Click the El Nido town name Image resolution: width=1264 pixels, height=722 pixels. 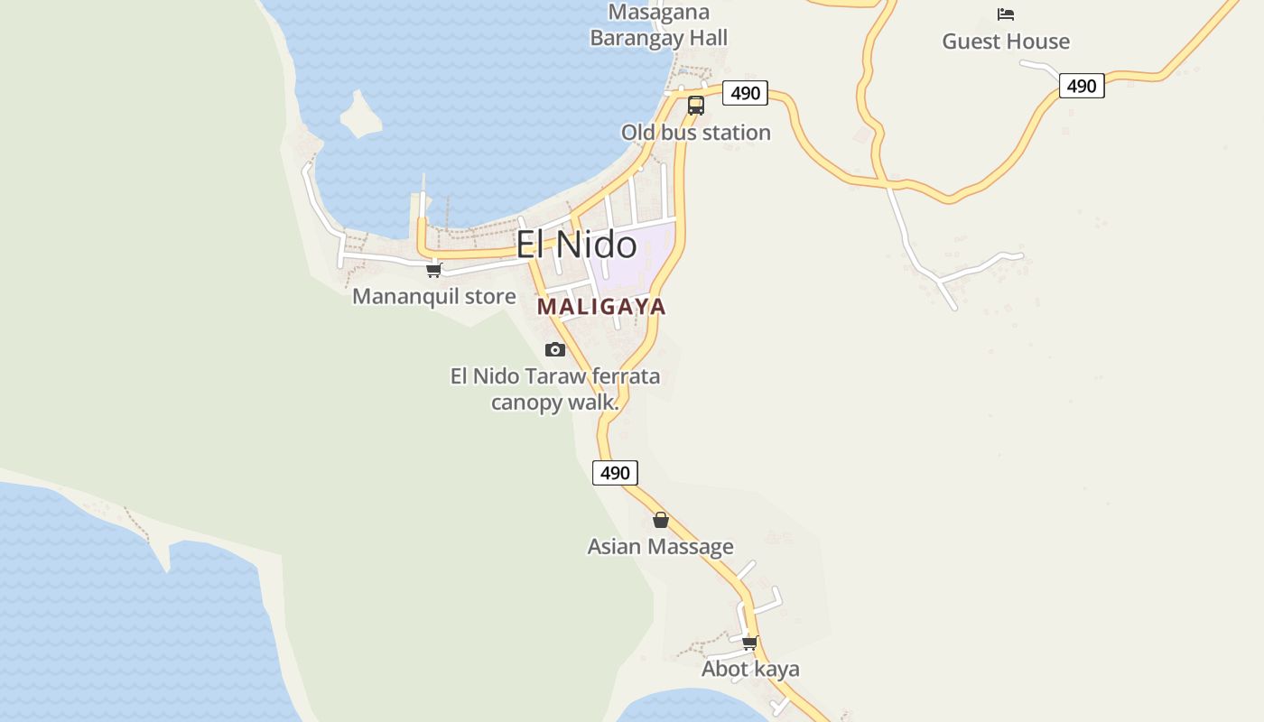576,245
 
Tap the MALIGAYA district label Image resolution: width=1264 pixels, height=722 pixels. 601,307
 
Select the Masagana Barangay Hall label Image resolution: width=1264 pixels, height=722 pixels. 658,25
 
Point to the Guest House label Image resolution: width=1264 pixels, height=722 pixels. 1006,42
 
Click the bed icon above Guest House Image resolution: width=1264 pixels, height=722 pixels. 1006,14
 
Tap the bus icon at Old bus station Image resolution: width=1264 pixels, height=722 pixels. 695,105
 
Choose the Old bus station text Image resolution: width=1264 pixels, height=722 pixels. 695,133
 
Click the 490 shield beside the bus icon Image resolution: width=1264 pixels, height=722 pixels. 745,93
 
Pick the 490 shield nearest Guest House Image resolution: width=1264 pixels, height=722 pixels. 1081,86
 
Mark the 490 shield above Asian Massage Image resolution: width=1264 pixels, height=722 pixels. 615,473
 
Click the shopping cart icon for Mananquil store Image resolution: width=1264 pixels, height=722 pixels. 434,270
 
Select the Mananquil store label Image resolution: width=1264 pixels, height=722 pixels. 434,296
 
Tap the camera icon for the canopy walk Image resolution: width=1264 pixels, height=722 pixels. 554,349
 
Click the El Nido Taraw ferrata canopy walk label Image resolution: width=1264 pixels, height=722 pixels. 555,389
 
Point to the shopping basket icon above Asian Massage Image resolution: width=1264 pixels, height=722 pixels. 661,520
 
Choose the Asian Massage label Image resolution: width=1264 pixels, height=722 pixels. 660,546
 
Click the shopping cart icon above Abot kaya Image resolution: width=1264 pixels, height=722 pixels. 749,643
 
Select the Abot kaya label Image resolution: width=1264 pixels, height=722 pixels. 750,669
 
